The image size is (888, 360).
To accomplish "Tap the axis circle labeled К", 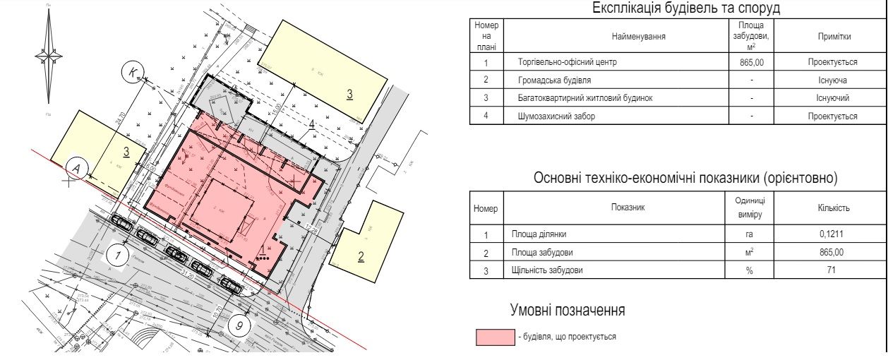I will (x=132, y=71).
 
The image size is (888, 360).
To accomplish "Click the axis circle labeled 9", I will (x=241, y=327).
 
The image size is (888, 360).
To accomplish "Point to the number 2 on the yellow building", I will (x=361, y=256).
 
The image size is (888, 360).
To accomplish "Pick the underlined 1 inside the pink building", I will (x=262, y=248).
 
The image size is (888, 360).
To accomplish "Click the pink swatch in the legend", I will (x=495, y=337).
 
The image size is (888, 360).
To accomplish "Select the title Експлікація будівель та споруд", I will (x=677, y=9).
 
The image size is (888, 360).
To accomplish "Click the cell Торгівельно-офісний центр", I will (x=567, y=62).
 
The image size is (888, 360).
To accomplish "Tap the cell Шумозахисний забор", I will (x=555, y=116).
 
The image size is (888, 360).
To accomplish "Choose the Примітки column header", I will (x=834, y=37).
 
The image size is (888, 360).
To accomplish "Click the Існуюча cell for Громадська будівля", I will (x=834, y=80).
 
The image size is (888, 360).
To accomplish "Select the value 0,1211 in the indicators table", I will (x=834, y=234).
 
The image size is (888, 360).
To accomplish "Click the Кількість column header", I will (x=834, y=208).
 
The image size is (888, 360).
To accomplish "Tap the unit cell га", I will (x=750, y=234).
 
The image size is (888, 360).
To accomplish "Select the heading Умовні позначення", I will (x=568, y=311).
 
